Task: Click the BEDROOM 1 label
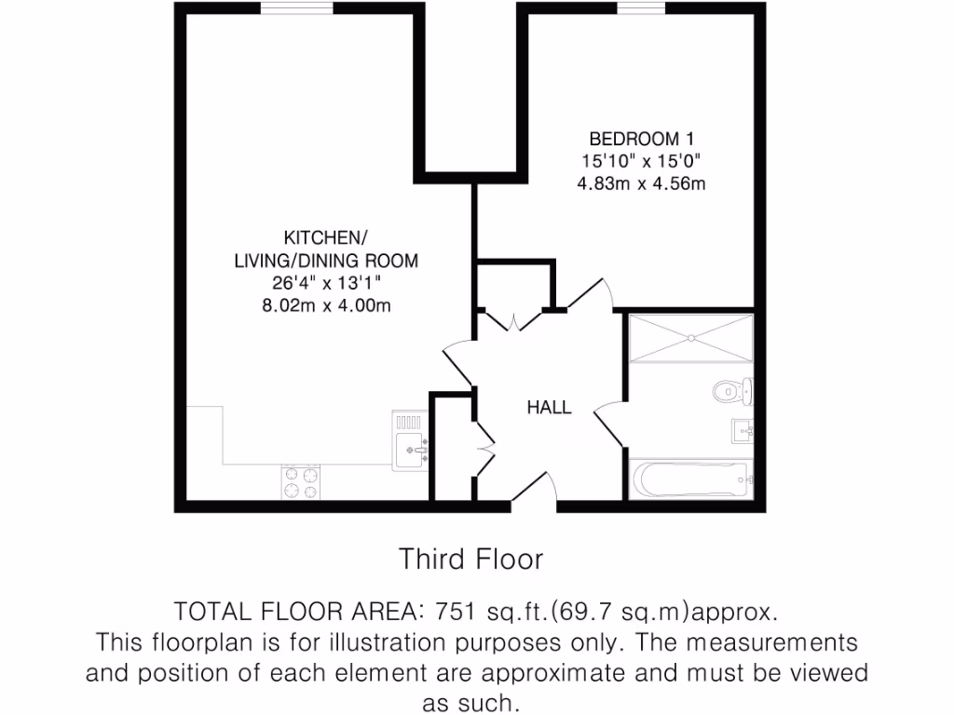click(641, 139)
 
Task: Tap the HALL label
click(549, 407)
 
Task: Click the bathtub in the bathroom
click(690, 479)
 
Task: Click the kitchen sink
click(410, 441)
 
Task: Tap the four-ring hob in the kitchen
click(301, 482)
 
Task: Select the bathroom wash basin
click(742, 430)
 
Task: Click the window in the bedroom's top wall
click(641, 8)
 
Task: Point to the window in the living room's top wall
click(284, 8)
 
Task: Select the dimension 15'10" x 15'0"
click(641, 161)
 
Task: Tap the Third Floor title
click(470, 560)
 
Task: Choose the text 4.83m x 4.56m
click(641, 183)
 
